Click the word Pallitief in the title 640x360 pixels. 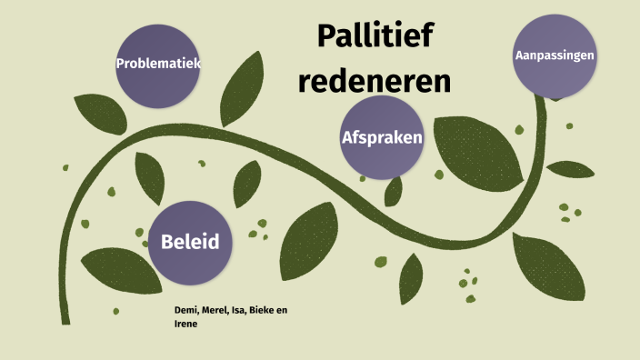tap(375, 37)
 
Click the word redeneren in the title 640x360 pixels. tap(375, 83)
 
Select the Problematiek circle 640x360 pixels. tap(158, 65)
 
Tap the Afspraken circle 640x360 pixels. tap(383, 138)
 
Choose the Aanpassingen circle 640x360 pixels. tap(555, 55)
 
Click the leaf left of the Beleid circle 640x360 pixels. tap(114, 269)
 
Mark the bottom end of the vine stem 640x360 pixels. tap(65, 318)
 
